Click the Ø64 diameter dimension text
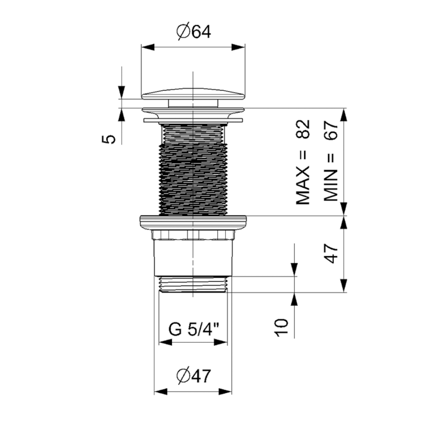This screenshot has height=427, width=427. click(x=193, y=33)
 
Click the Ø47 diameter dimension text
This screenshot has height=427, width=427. click(x=193, y=376)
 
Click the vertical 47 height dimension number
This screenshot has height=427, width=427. click(x=332, y=254)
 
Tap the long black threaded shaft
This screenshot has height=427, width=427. click(x=193, y=168)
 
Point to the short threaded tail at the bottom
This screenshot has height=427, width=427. click(x=193, y=284)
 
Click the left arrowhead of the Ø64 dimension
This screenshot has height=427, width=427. click(x=145, y=47)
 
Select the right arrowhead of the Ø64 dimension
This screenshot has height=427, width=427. click(x=241, y=47)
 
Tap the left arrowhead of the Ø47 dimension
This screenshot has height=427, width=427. click(x=159, y=391)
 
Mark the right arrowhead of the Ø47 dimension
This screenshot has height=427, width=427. click(x=227, y=391)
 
